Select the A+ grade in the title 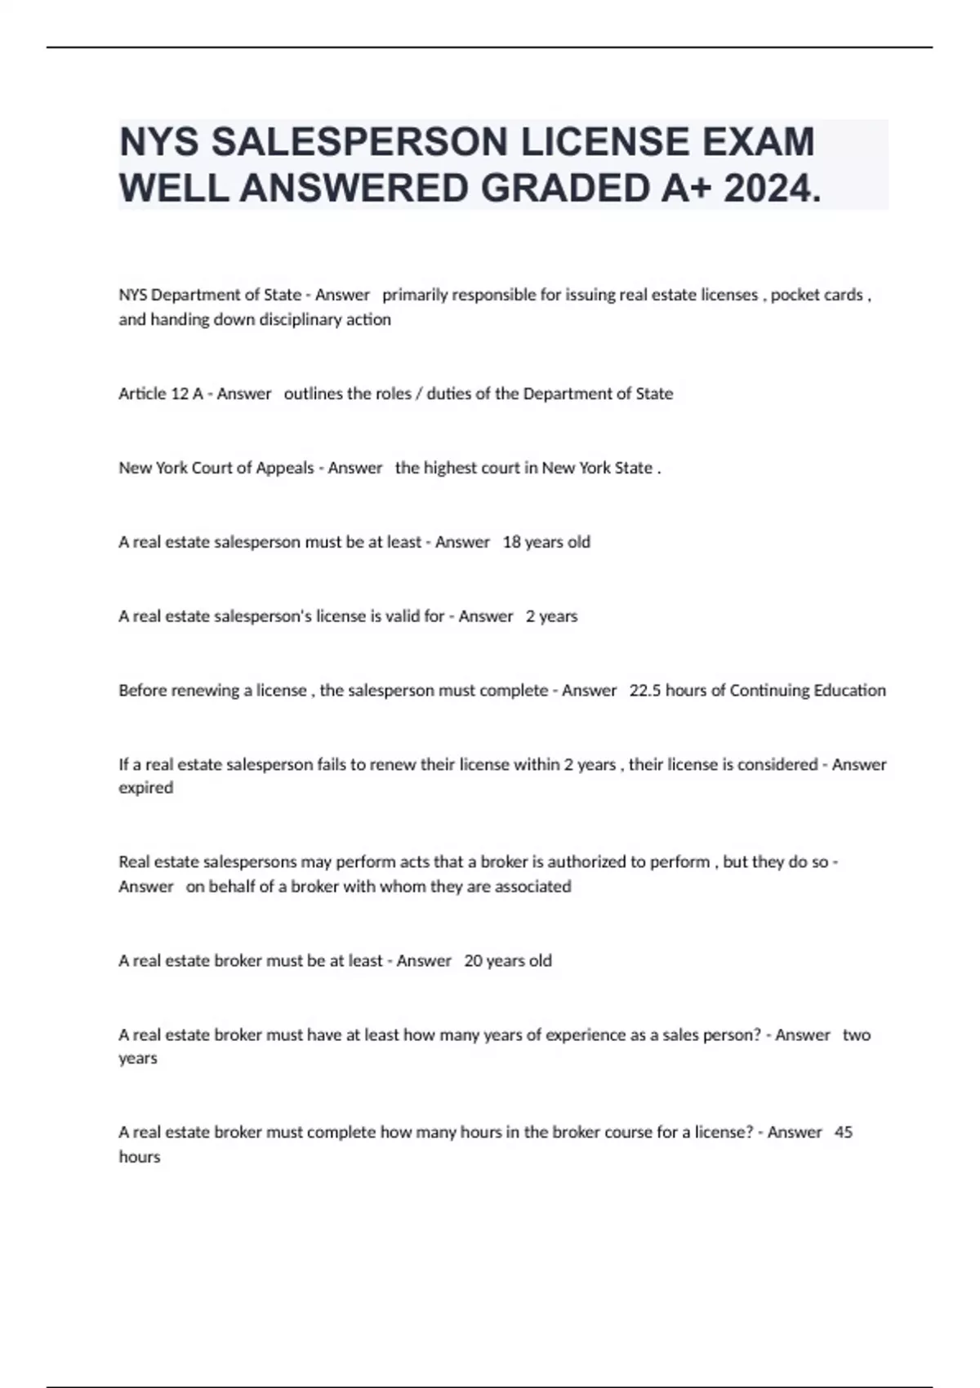point(684,189)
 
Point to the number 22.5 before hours point(644,691)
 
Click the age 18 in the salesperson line point(511,542)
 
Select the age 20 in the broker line point(473,961)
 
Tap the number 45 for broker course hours point(844,1132)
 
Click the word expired point(145,788)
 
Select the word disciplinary point(302,319)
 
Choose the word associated point(532,887)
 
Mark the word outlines point(313,394)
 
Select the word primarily point(414,295)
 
